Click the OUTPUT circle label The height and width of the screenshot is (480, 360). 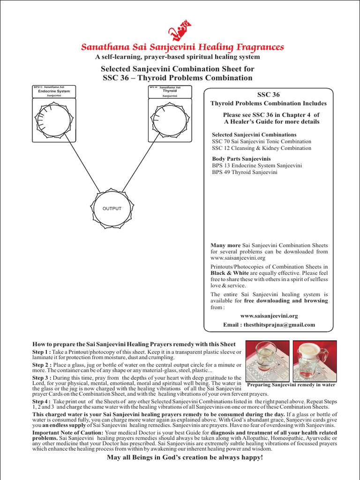(112, 209)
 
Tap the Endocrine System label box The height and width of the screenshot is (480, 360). (54, 91)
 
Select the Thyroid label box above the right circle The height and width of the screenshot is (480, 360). (170, 91)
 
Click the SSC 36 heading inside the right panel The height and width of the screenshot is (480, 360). (269, 95)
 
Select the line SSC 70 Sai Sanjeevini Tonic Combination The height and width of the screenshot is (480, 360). (261, 141)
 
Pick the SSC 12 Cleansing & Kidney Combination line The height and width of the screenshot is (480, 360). (261, 148)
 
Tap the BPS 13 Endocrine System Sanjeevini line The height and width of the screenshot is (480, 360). (257, 165)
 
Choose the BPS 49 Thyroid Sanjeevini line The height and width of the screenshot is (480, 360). (245, 172)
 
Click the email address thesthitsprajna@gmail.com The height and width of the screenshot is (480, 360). (269, 324)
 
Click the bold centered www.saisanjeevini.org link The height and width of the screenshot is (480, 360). (269, 316)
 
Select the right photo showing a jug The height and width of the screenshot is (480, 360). (315, 360)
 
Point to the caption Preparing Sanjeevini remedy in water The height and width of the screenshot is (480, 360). (291, 385)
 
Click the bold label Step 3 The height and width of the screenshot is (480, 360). (41, 378)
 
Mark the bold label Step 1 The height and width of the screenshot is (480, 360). (41, 352)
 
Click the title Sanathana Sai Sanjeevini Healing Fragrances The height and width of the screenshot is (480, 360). (182, 47)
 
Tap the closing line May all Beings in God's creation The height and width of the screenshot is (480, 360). (185, 457)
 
